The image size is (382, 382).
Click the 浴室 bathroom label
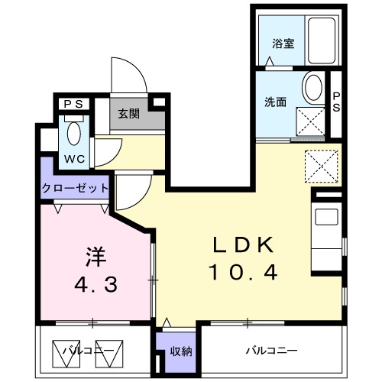pyautogui.click(x=283, y=44)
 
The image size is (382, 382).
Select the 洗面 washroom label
pyautogui.click(x=275, y=102)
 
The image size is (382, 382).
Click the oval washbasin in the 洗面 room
pyautogui.click(x=312, y=89)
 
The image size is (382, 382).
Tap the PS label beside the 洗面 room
pyautogui.click(x=338, y=101)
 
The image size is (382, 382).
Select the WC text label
pyautogui.click(x=74, y=160)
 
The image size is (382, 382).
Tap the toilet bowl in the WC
pyautogui.click(x=75, y=133)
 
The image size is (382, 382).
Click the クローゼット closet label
pyautogui.click(x=76, y=188)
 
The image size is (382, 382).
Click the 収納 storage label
pyautogui.click(x=181, y=351)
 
